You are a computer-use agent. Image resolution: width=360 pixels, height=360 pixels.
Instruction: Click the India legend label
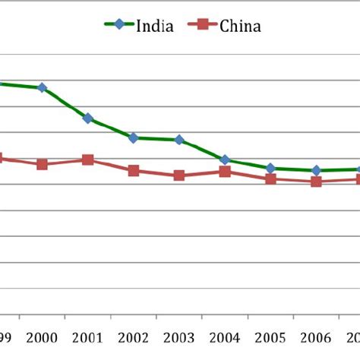[x=156, y=27]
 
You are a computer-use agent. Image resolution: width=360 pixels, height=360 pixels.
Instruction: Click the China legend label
[x=240, y=27]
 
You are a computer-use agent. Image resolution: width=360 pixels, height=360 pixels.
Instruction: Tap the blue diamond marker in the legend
[x=120, y=25]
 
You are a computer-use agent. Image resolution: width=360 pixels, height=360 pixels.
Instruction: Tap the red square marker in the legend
[x=202, y=25]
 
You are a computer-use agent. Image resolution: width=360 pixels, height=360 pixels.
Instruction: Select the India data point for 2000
[x=42, y=88]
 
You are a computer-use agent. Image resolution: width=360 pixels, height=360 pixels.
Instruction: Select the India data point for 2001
[x=88, y=118]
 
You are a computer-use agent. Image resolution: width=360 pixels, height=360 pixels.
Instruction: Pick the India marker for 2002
[x=134, y=137]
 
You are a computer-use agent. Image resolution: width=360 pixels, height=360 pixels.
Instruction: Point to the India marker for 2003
[x=179, y=140]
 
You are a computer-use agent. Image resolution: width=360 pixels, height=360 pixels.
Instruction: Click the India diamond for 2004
[x=225, y=159]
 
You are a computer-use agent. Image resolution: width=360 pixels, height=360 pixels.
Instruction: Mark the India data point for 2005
[x=270, y=168]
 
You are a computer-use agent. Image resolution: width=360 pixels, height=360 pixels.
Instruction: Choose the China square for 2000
[x=42, y=164]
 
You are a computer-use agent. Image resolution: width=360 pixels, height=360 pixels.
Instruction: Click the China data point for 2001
[x=88, y=160]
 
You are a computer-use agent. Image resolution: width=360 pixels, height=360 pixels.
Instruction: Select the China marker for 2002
[x=134, y=171]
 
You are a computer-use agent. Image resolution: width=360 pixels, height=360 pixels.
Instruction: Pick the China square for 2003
[x=179, y=175]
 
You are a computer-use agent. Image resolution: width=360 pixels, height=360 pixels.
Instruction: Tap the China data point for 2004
[x=225, y=172]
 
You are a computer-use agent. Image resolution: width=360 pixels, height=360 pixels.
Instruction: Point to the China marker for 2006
[x=316, y=182]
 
